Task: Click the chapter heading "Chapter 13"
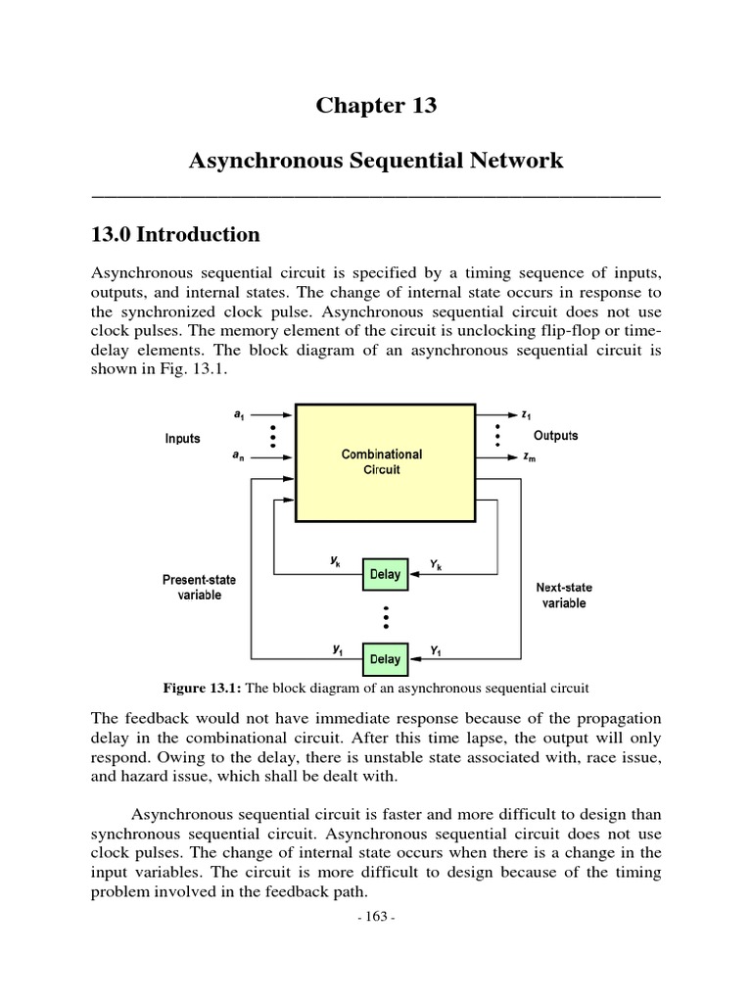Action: [376, 106]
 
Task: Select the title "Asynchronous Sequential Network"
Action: [376, 161]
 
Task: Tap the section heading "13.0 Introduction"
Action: [175, 235]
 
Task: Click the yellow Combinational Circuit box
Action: [382, 461]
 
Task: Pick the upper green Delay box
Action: [385, 575]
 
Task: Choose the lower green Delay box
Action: [385, 658]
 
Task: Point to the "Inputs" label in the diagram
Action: [182, 439]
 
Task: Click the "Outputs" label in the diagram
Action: [555, 435]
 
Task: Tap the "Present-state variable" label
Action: [199, 588]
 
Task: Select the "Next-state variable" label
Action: [563, 596]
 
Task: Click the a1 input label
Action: [239, 414]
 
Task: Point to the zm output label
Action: [531, 457]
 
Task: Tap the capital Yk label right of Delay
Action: [435, 564]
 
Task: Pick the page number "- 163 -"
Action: [376, 917]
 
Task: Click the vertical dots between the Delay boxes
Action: [386, 617]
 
